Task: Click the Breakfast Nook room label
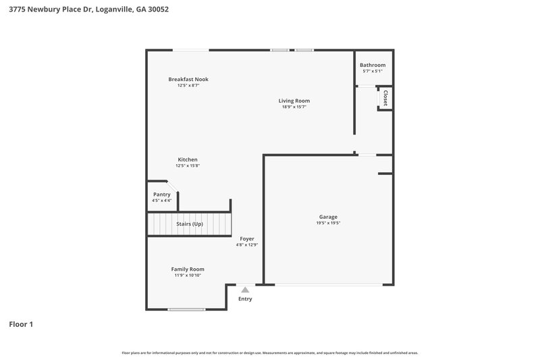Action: (188, 79)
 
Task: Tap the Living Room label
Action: (294, 101)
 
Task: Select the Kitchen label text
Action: (188, 159)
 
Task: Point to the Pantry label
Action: (162, 195)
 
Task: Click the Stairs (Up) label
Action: (189, 224)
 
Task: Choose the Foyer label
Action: (247, 238)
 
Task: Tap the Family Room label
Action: (188, 269)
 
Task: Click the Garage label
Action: (328, 217)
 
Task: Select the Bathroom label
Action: (373, 65)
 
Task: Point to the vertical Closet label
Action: (385, 98)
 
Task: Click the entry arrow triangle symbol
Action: (245, 290)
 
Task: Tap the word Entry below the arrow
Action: (245, 299)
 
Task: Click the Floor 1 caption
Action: (21, 324)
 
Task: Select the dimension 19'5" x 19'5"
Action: (328, 223)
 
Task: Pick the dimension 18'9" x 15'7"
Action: (294, 107)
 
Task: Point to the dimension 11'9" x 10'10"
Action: (188, 275)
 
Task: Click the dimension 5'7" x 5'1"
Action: (373, 71)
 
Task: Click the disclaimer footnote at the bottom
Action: (270, 353)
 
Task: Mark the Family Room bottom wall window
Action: (186, 309)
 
